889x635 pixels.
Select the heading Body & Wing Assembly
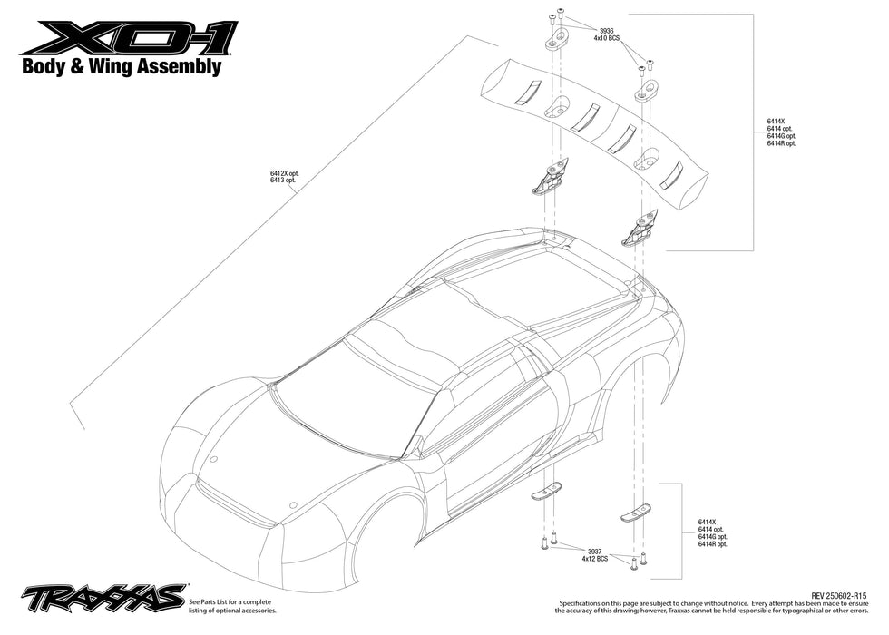pyautogui.click(x=121, y=67)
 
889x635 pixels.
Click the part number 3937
pyautogui.click(x=594, y=550)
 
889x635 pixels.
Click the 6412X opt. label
pyautogui.click(x=283, y=172)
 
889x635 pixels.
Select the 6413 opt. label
pyautogui.click(x=283, y=181)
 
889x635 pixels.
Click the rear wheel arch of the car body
pyautogui.click(x=659, y=363)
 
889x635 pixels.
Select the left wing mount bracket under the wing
pyautogui.click(x=550, y=176)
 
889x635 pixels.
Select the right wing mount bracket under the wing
pyautogui.click(x=640, y=229)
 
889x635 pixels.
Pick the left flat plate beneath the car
pyautogui.click(x=547, y=491)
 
